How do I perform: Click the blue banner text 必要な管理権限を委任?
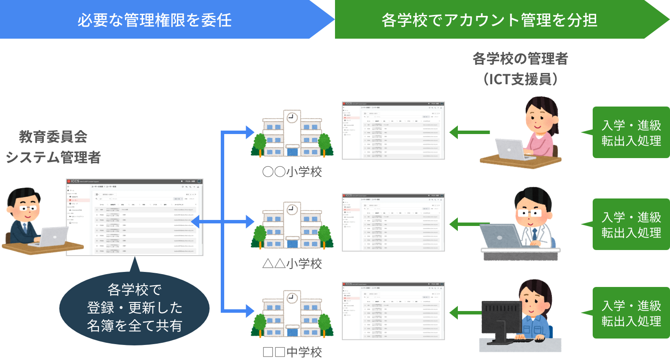pyautogui.click(x=155, y=20)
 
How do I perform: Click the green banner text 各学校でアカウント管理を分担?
pyautogui.click(x=490, y=20)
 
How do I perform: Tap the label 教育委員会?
pyautogui.click(x=53, y=137)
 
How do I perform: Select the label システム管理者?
pyautogui.click(x=53, y=157)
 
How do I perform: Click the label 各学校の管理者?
pyautogui.click(x=520, y=58)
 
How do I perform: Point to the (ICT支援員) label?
pyautogui.click(x=520, y=79)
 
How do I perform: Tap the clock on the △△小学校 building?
pyautogui.click(x=292, y=209)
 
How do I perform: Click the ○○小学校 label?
pyautogui.click(x=292, y=172)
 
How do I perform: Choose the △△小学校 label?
pyautogui.click(x=292, y=264)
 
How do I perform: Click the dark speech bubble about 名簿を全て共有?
pyautogui.click(x=134, y=308)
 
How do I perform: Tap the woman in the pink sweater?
pyautogui.click(x=541, y=129)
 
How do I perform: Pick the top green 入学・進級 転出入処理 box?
pyautogui.click(x=631, y=133)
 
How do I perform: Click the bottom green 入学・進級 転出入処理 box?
pyautogui.click(x=631, y=313)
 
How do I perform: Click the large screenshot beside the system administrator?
pyautogui.click(x=134, y=217)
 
